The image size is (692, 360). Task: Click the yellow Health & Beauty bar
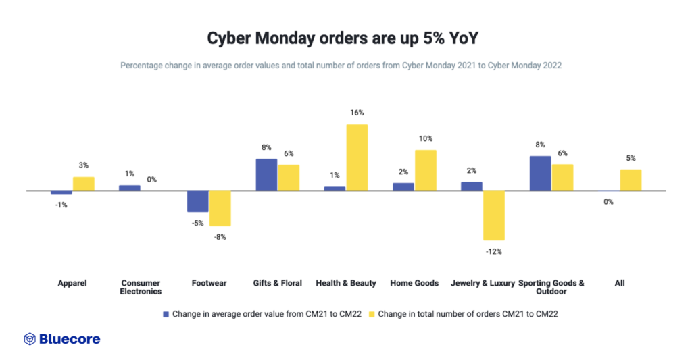(x=357, y=157)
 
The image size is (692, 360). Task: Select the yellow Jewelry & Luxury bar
(x=494, y=215)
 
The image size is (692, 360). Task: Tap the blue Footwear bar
(x=198, y=201)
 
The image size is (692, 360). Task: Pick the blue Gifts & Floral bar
(x=266, y=175)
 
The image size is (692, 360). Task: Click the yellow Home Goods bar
(x=426, y=170)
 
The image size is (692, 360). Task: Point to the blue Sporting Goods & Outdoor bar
(x=540, y=174)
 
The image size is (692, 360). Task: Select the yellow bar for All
(x=631, y=180)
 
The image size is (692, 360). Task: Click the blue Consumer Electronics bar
(x=130, y=188)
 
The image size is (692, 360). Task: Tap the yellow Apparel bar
(x=84, y=184)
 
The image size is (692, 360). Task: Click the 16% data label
(x=357, y=113)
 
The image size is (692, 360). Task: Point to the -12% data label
(x=494, y=251)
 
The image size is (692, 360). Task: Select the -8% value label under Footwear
(x=220, y=237)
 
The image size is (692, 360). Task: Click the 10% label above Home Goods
(x=426, y=138)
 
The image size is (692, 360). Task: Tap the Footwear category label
(x=209, y=283)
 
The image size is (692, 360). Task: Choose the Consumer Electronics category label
(x=141, y=287)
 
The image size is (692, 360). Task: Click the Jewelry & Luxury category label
(x=483, y=283)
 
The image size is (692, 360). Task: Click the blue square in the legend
(x=166, y=314)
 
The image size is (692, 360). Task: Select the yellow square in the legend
(x=372, y=314)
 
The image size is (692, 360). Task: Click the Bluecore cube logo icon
(x=30, y=338)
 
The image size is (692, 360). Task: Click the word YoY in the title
(x=463, y=38)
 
